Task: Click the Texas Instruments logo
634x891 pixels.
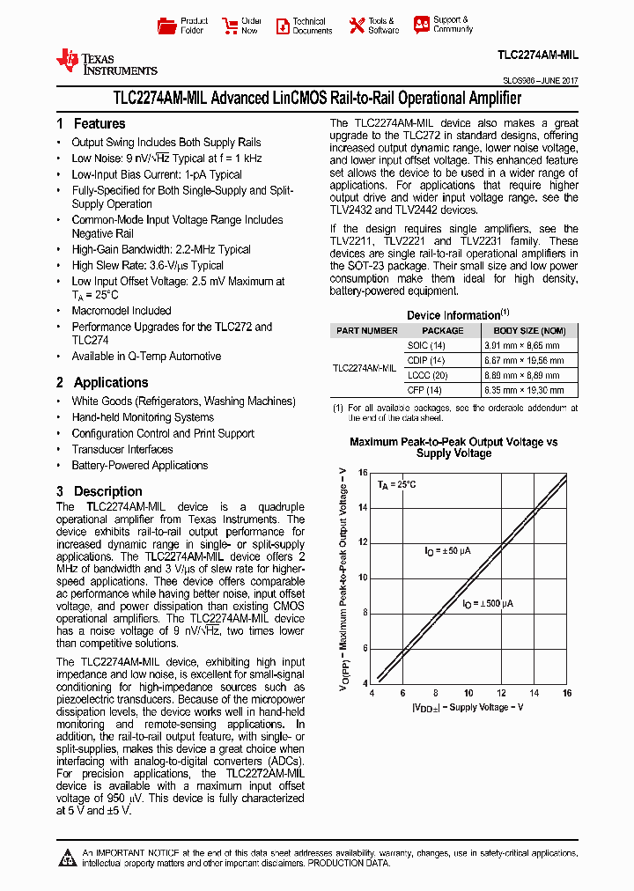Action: (106, 62)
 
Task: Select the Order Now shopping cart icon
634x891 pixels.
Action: (230, 26)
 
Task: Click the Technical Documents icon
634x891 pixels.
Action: (283, 26)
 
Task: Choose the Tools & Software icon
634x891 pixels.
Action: (357, 26)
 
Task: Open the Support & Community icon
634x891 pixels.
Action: (421, 25)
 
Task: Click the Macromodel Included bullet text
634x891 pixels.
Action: (122, 311)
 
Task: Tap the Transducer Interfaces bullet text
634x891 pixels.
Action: (122, 449)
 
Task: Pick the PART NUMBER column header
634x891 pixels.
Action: (367, 331)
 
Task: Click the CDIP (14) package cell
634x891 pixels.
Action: (425, 361)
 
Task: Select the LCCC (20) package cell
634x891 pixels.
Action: (426, 375)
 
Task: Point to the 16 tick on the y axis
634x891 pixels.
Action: (364, 473)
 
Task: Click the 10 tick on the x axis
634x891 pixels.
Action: (468, 693)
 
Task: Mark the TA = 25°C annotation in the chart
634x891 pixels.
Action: (397, 485)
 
